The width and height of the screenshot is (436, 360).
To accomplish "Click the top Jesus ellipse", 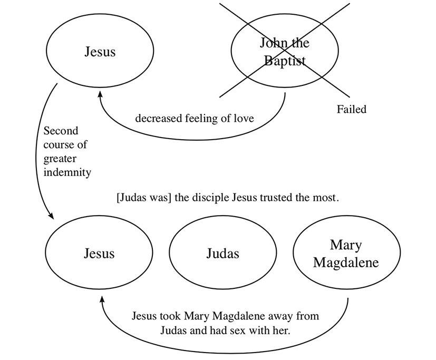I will [100, 52].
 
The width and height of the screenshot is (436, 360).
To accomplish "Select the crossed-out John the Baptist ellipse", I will [285, 52].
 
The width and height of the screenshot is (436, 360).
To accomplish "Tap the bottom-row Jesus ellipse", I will [99, 254].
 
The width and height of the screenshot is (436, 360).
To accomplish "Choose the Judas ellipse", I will [222, 254].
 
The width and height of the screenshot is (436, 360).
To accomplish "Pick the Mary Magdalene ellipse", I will [346, 254].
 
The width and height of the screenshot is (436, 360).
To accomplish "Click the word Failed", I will [351, 110].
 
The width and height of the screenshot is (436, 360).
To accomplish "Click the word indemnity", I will [67, 172].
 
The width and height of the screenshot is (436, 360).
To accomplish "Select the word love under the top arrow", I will [244, 119].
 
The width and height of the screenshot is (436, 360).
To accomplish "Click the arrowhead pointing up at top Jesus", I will [99, 95].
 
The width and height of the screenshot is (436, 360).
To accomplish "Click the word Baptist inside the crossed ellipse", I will [285, 61].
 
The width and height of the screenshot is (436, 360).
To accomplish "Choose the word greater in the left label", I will [61, 158].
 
